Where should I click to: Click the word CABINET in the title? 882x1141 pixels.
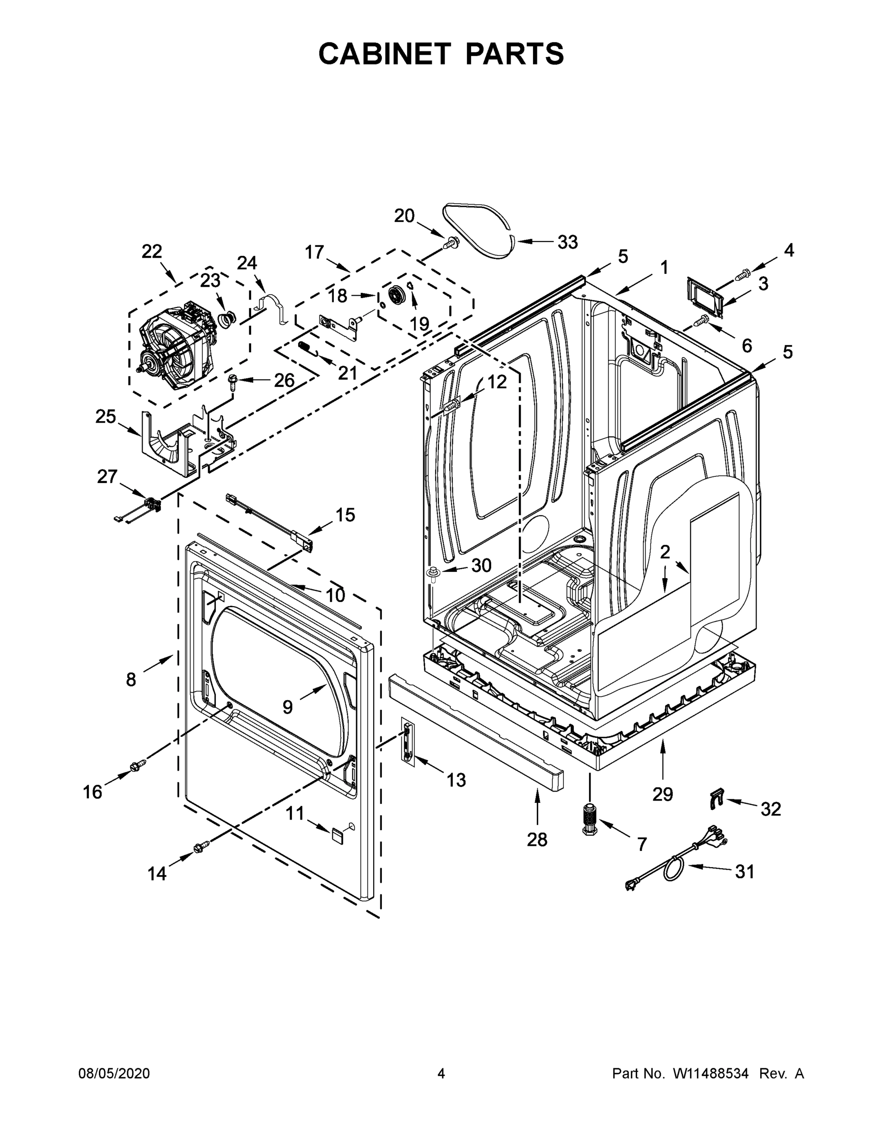click(385, 54)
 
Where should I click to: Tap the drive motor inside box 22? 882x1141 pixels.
click(175, 345)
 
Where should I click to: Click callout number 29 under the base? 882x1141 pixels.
click(662, 794)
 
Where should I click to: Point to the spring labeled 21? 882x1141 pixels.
click(308, 348)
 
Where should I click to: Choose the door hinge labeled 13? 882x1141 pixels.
click(407, 741)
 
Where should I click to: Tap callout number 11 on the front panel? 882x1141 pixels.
click(295, 813)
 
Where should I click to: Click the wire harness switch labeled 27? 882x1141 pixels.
click(152, 505)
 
